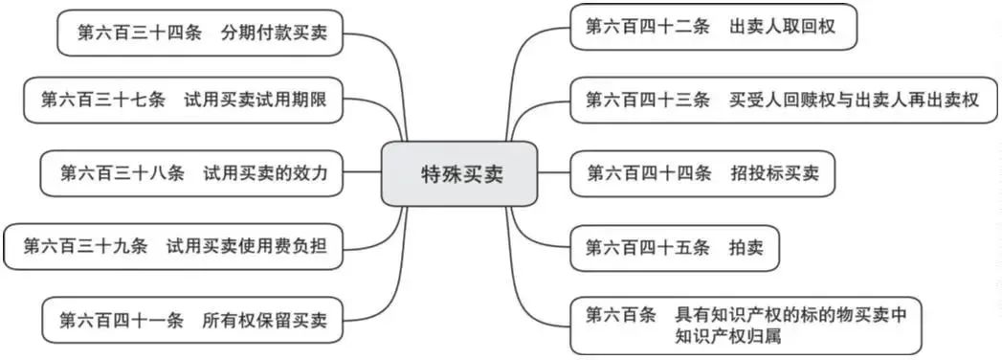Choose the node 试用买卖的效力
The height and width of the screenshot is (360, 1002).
191,173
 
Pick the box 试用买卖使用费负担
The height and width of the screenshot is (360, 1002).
172,246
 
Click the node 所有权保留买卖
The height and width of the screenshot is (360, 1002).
191,320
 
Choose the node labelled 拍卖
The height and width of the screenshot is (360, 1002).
674,247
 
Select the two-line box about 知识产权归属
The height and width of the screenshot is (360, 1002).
746,326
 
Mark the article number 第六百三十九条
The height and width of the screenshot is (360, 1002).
86,246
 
